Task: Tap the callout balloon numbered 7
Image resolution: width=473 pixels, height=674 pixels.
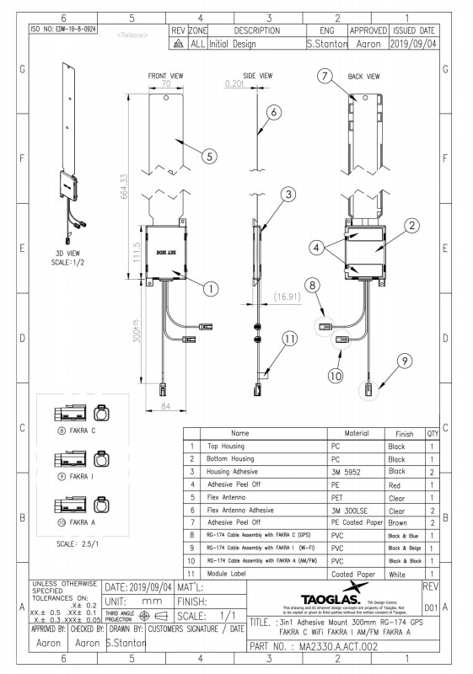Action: click(325, 77)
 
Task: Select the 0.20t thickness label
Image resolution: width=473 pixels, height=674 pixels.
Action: click(234, 84)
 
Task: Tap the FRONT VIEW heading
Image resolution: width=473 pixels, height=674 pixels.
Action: click(165, 76)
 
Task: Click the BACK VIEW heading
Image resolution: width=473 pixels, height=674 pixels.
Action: click(364, 76)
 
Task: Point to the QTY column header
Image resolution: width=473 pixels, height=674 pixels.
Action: click(433, 434)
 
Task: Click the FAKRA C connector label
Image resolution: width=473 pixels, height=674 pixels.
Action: click(83, 431)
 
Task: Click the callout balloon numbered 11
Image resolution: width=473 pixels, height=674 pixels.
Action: click(290, 340)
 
